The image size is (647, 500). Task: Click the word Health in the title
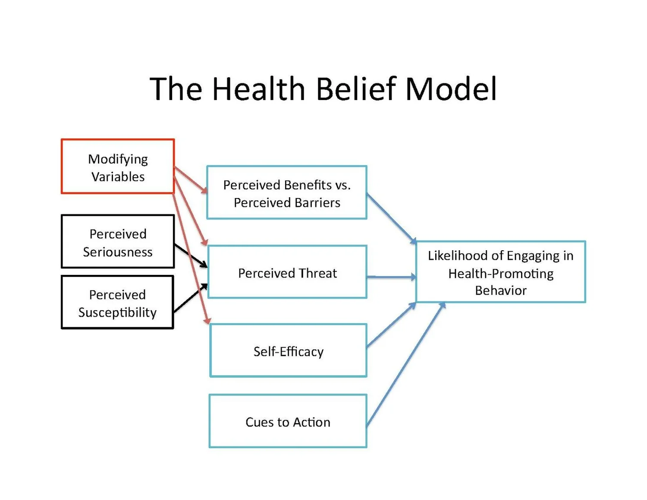click(258, 89)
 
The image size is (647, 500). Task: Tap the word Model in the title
click(451, 89)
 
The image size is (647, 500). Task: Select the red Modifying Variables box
click(118, 166)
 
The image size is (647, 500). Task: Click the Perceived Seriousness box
click(118, 242)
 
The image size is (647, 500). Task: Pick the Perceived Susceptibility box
click(117, 302)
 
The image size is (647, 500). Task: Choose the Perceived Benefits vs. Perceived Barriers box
click(287, 193)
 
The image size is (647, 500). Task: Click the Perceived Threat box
click(287, 272)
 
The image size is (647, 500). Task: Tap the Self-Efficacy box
click(288, 351)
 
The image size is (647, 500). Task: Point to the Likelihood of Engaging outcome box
click(500, 272)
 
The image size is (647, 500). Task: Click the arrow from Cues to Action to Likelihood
click(405, 365)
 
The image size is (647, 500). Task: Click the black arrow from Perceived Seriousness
click(191, 256)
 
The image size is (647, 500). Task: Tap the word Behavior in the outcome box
click(500, 290)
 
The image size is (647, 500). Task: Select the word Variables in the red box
click(118, 177)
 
